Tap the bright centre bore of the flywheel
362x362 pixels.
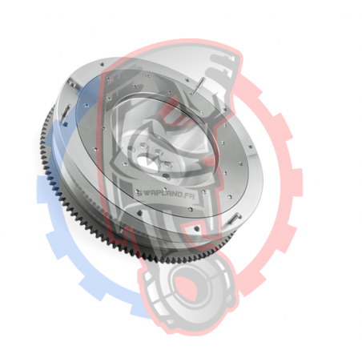pyautogui.click(x=147, y=163)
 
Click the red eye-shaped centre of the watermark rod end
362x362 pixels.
pyautogui.click(x=187, y=288)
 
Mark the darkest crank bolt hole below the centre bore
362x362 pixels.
pyautogui.click(x=166, y=176)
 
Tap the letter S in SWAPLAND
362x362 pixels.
pyautogui.click(x=139, y=193)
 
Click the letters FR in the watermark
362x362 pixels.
pyautogui.click(x=191, y=196)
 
